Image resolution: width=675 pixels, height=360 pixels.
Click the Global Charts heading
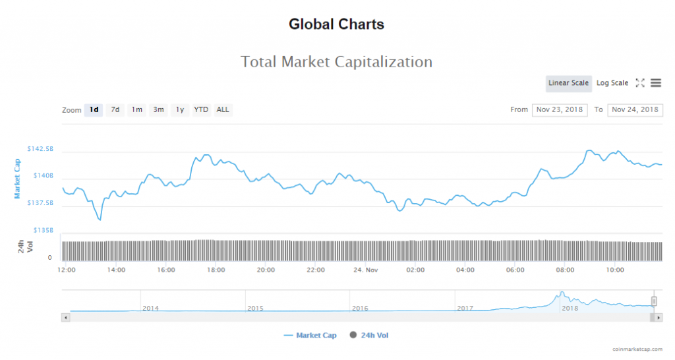point(336,24)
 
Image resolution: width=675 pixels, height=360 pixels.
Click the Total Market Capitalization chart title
point(336,62)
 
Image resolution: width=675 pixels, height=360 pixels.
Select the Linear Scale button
point(568,83)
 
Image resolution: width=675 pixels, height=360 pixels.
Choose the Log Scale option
point(612,83)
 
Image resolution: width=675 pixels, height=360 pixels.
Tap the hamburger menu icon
point(656,83)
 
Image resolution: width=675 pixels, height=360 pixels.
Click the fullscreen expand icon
point(639,83)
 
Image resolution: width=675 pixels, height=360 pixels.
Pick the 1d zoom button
point(94,109)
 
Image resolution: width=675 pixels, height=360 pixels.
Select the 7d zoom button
point(115,109)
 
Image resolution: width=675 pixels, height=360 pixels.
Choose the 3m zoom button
point(158,109)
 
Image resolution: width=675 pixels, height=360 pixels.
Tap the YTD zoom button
point(201,109)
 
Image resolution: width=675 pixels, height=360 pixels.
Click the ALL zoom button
point(223,109)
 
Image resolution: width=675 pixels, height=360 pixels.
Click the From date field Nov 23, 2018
point(560,109)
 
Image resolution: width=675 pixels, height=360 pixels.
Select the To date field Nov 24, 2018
point(635,109)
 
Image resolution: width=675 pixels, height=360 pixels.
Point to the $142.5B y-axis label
point(40,149)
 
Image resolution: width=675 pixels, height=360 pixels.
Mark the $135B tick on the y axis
point(44,231)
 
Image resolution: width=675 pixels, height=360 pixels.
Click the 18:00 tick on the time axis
point(216,270)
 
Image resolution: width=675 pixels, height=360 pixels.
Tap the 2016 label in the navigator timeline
point(360,308)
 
